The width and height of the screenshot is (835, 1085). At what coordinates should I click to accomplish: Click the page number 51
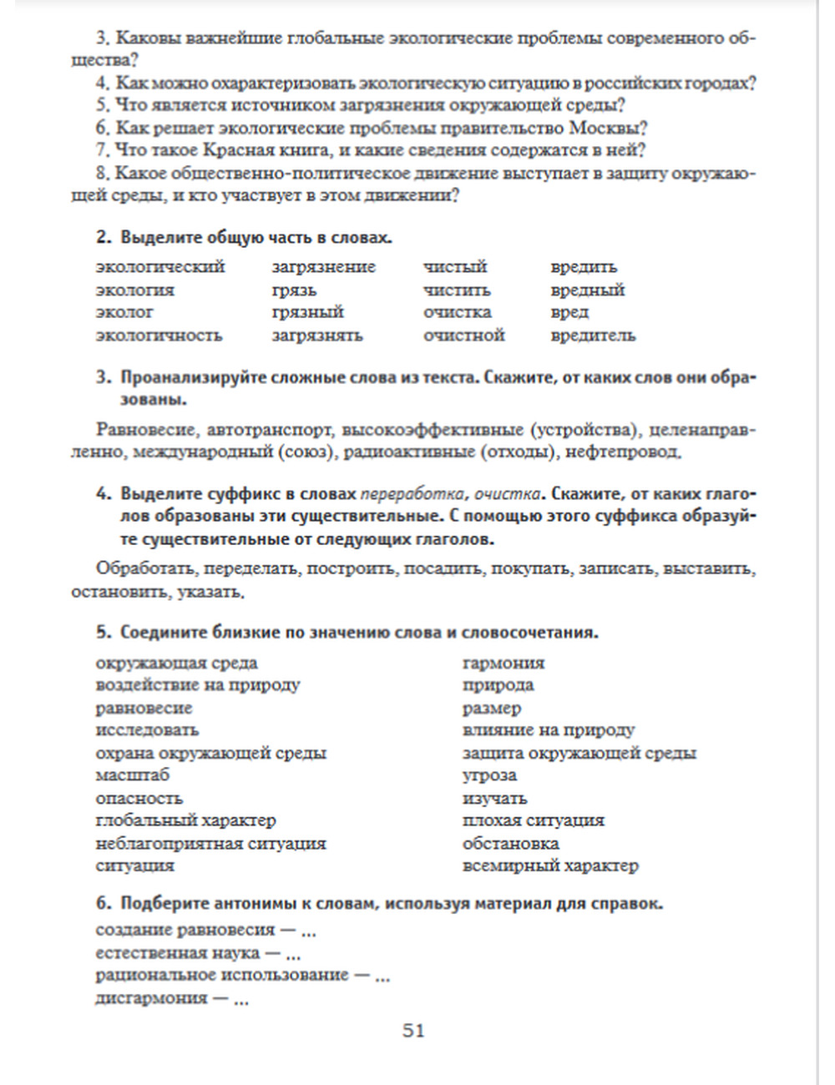[x=413, y=1031]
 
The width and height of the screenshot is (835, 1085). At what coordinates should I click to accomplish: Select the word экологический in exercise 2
[x=160, y=267]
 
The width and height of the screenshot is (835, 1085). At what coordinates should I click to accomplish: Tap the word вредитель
[x=593, y=336]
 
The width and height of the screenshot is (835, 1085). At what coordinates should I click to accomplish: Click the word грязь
[x=294, y=290]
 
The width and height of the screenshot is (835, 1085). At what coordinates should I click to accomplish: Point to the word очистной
[x=463, y=336]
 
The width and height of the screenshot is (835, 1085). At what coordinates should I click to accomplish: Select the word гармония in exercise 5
[x=503, y=664]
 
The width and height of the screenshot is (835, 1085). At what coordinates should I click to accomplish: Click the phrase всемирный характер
[x=550, y=865]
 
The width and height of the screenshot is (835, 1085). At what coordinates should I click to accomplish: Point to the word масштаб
[x=132, y=775]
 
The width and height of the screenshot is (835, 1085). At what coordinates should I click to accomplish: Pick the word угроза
[x=489, y=775]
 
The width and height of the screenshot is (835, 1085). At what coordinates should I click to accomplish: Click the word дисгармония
[x=151, y=998]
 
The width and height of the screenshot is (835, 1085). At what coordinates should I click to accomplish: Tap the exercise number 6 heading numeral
[x=102, y=904]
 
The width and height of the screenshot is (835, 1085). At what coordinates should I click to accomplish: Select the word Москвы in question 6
[x=609, y=128]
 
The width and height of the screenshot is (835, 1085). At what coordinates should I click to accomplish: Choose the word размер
[x=492, y=709]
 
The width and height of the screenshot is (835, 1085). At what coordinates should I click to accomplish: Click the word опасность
[x=139, y=799]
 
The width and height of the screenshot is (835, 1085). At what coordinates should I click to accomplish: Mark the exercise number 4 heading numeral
[x=102, y=493]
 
